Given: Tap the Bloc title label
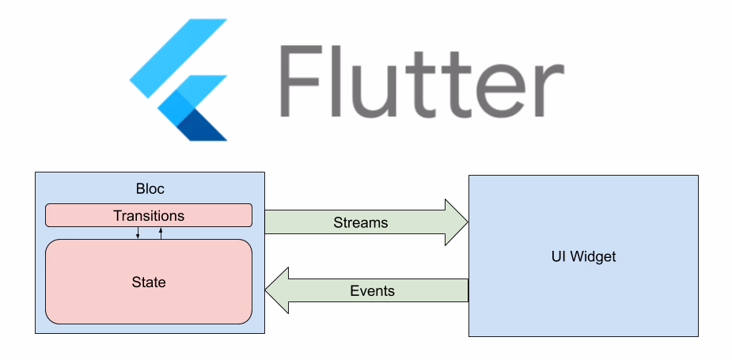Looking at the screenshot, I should (149, 190).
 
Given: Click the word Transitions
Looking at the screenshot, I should (149, 215).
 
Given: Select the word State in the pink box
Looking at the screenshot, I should (149, 282).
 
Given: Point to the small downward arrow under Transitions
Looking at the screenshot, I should (138, 233).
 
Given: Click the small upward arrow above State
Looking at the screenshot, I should (161, 233).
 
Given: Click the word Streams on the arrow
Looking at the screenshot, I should (361, 222).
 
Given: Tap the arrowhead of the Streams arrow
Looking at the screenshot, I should (456, 222).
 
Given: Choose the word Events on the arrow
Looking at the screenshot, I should (372, 291).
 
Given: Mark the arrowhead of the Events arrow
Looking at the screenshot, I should (277, 291).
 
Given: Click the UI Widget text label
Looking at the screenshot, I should (583, 256).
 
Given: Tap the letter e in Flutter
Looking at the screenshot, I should (499, 90).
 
